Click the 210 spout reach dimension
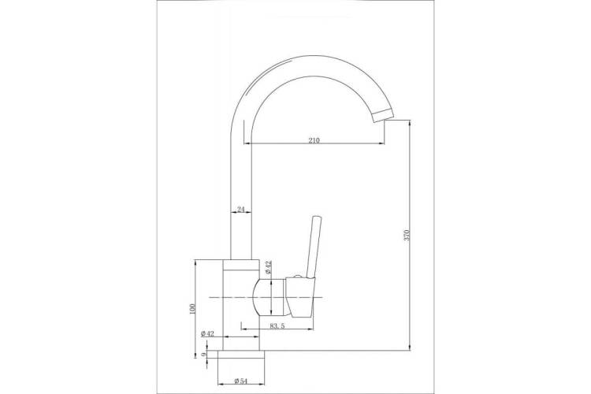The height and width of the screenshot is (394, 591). [314, 140]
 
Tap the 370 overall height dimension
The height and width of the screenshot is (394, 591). [406, 235]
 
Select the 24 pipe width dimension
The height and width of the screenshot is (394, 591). [240, 210]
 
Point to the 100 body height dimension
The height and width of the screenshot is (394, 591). [191, 308]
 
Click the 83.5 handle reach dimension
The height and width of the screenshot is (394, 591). [277, 326]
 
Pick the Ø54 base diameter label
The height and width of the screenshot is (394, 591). [240, 381]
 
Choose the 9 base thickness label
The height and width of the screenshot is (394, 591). [203, 354]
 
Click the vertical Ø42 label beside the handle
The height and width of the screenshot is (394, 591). [268, 266]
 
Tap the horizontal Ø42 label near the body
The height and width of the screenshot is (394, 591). [207, 333]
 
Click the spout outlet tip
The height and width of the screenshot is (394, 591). [382, 114]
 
